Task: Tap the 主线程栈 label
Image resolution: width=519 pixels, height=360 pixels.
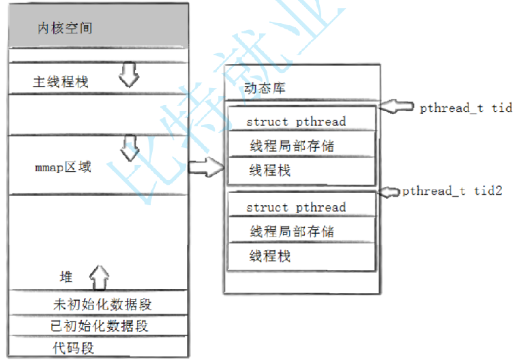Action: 61,82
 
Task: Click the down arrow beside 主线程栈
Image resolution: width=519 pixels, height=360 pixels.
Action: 128,75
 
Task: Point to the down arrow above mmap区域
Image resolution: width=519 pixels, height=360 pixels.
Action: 128,145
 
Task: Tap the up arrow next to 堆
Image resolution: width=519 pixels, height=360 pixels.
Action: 100,276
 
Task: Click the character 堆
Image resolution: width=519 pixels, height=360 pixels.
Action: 66,277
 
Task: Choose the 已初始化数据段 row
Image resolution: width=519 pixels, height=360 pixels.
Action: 100,326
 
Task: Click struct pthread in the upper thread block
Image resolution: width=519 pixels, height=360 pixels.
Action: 296,121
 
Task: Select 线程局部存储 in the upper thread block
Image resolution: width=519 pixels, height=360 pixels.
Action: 292,145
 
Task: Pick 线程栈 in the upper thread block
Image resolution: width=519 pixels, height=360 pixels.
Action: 270,170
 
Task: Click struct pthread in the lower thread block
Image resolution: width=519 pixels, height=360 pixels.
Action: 296,207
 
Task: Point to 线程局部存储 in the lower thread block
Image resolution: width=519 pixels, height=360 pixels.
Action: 292,231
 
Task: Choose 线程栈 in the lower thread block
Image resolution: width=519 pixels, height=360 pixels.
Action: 270,256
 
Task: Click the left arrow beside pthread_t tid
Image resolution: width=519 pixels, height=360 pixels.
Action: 396,107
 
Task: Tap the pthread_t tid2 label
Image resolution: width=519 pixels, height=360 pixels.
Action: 452,191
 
